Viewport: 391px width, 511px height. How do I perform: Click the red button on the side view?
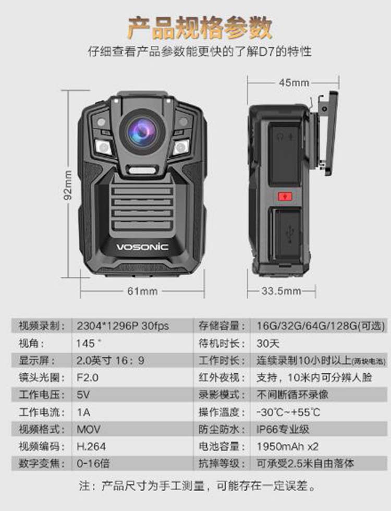(x=285, y=197)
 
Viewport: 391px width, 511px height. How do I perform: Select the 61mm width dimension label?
(x=142, y=291)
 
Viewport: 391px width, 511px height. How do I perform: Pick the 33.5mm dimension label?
(x=282, y=291)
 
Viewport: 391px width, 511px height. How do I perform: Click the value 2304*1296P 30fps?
(x=123, y=326)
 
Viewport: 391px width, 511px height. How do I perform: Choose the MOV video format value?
(x=89, y=430)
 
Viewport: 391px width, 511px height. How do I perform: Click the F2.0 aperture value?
(x=88, y=378)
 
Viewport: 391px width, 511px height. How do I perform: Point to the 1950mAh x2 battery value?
(x=287, y=447)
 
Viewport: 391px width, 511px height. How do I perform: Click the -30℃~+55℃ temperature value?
(x=288, y=412)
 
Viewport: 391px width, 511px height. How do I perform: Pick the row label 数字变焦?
(x=35, y=464)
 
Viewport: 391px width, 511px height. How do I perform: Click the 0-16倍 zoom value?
(x=93, y=464)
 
